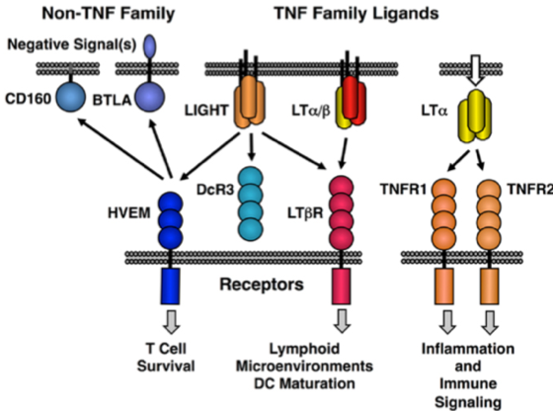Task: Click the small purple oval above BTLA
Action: point(150,44)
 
